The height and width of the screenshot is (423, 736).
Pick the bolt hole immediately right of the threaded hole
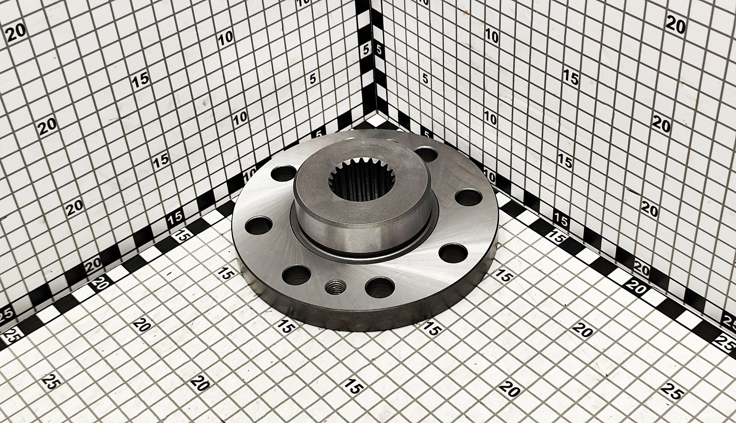tap(379, 287)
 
